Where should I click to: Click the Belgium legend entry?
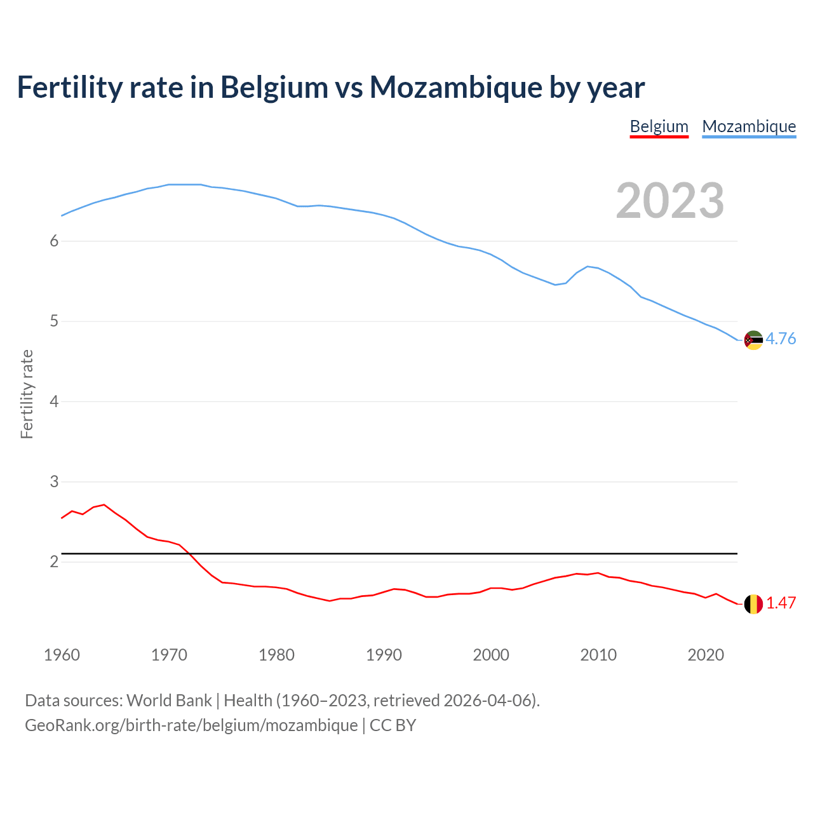click(x=659, y=126)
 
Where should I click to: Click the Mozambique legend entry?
click(x=749, y=126)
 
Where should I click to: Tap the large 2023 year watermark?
click(x=670, y=201)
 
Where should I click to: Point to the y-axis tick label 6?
click(x=54, y=241)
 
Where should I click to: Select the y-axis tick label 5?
click(x=54, y=321)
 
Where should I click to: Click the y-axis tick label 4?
click(x=54, y=401)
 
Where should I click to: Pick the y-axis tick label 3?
click(x=54, y=482)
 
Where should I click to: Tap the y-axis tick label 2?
click(x=54, y=562)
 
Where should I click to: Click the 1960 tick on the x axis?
click(x=62, y=655)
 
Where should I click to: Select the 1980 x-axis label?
click(x=276, y=655)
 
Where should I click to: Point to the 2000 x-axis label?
click(x=491, y=655)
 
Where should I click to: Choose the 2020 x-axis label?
click(x=706, y=655)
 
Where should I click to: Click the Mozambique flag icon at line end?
click(x=753, y=340)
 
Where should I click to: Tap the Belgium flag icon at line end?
click(x=753, y=604)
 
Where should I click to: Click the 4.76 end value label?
click(x=781, y=339)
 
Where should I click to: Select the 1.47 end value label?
click(x=781, y=603)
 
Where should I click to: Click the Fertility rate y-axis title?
click(x=27, y=394)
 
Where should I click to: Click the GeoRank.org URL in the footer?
click(x=191, y=725)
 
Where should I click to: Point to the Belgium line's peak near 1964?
click(x=104, y=505)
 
